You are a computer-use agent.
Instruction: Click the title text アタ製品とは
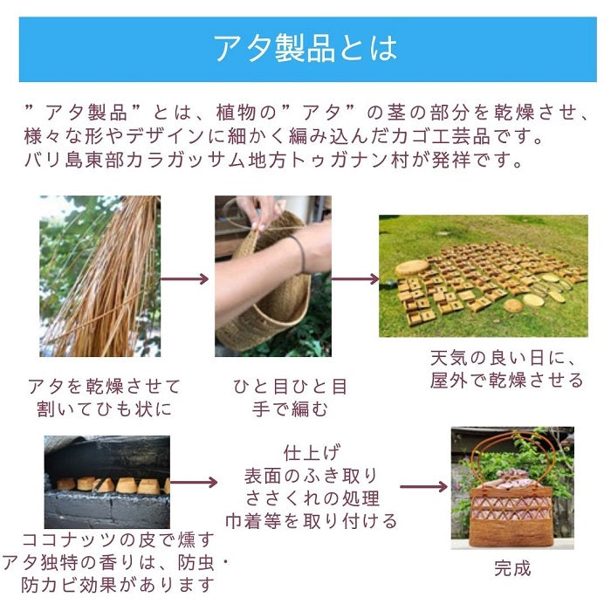[305, 48]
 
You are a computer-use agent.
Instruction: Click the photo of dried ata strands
[100, 276]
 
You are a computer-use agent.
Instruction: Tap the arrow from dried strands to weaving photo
[185, 279]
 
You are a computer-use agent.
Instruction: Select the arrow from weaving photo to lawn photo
[355, 279]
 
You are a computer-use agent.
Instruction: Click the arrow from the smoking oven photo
[194, 483]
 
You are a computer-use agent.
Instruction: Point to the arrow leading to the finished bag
[424, 487]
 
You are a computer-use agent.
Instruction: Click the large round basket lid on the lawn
[412, 268]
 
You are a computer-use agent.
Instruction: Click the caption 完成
[513, 568]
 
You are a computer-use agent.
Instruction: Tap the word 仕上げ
[311, 453]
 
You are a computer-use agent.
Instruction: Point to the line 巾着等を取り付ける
[311, 521]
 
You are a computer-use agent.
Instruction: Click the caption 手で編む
[290, 409]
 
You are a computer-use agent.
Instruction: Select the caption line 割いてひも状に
[104, 409]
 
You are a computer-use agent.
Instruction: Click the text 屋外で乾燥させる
[506, 381]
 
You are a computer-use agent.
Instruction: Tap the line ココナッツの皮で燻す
[118, 540]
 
